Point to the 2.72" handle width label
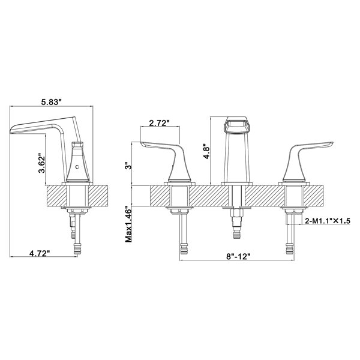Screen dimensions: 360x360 [158, 123]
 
